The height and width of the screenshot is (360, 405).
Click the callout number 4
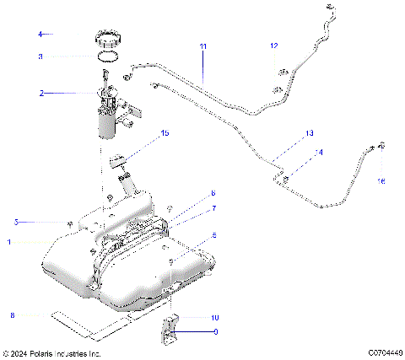39,35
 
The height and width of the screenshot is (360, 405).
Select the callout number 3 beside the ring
39,56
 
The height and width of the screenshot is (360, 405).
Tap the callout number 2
40,93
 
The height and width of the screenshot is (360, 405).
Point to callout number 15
165,133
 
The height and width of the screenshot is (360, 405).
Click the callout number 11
202,45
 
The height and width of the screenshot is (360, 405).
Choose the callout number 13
309,133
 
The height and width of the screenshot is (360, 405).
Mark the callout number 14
318,153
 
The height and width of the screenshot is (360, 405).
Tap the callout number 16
381,180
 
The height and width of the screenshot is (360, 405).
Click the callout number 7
214,207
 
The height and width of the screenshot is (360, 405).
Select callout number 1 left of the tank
9,241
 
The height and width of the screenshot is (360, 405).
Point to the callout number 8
12,314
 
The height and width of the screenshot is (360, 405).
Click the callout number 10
214,317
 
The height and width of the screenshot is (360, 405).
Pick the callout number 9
215,332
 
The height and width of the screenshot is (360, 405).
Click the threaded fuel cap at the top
106,39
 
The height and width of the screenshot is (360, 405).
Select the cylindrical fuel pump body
105,123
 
